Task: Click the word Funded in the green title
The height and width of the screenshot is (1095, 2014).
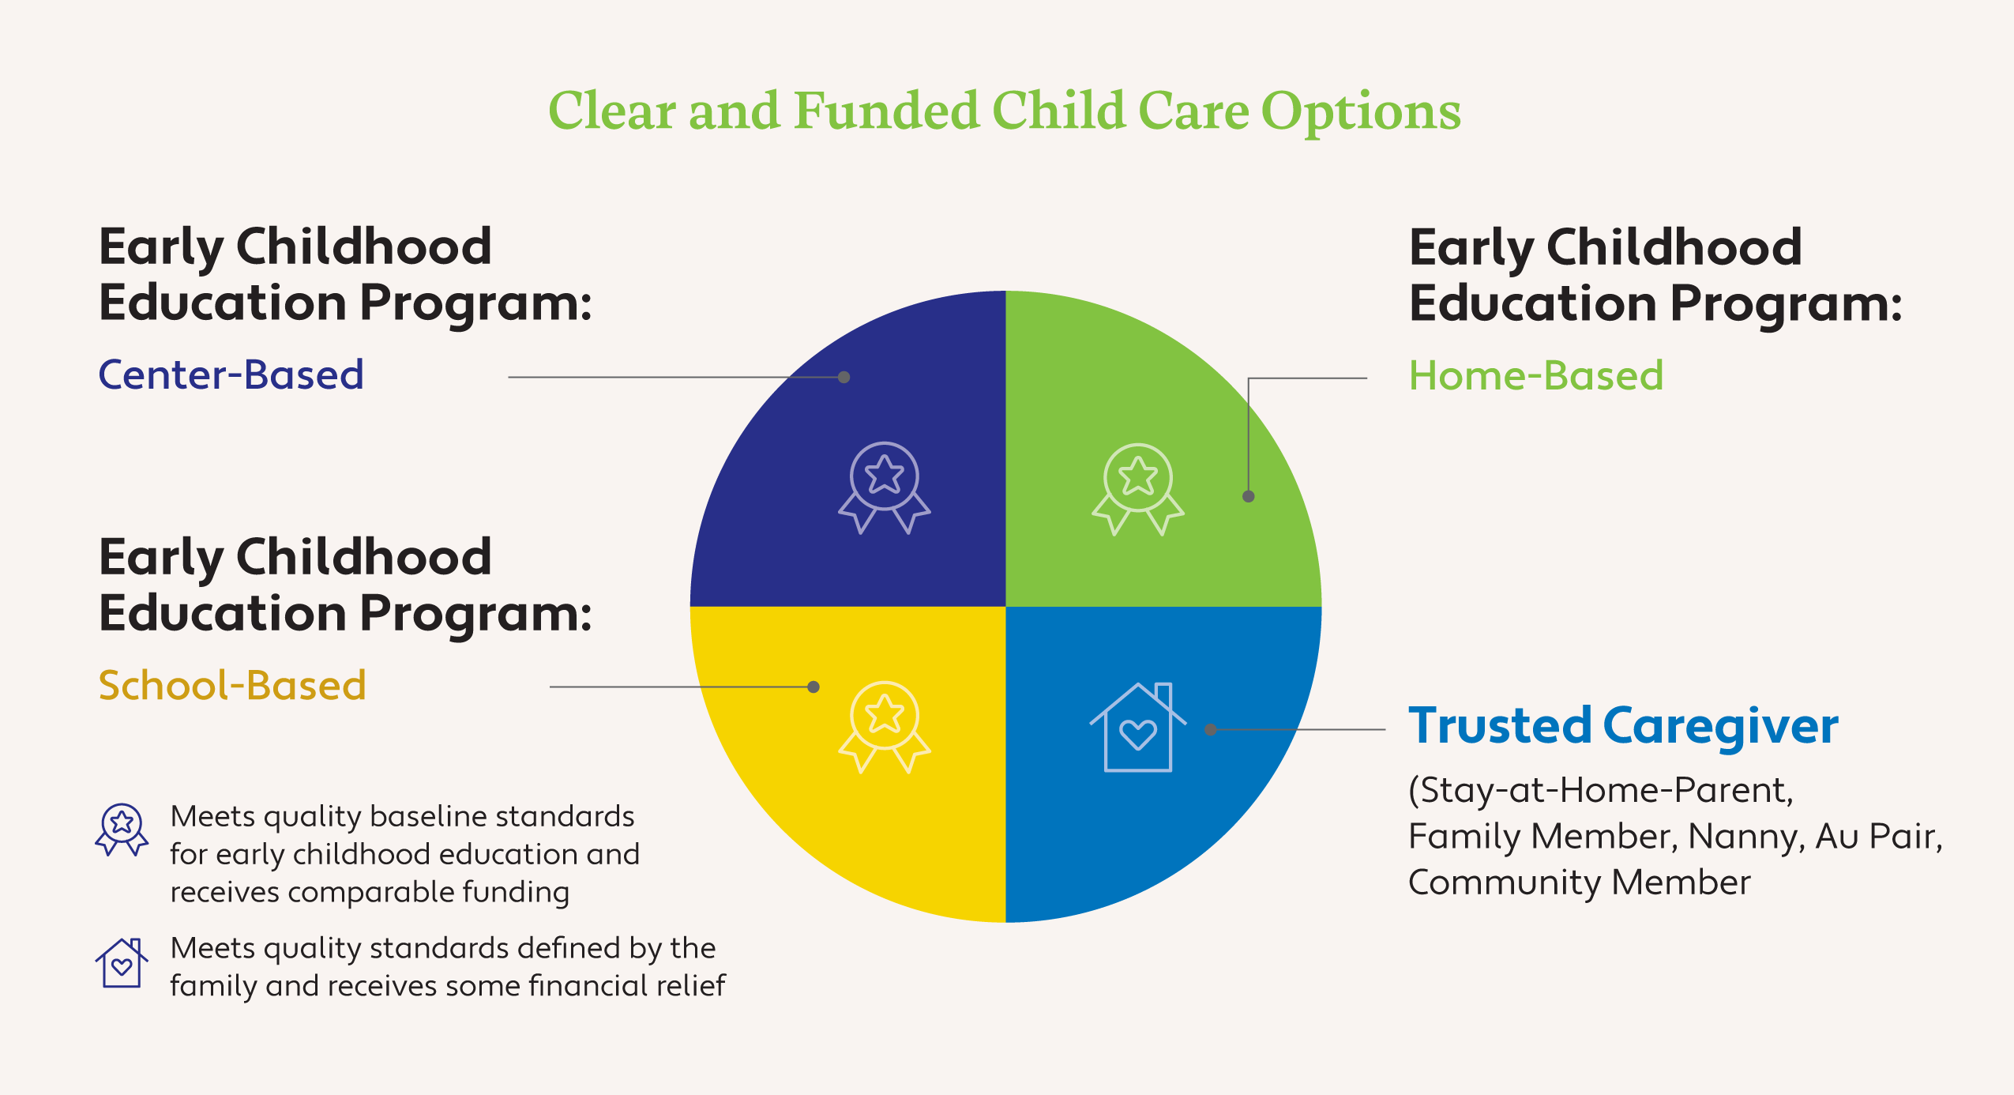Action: pos(886,111)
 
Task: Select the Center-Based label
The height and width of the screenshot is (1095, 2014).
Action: pos(231,374)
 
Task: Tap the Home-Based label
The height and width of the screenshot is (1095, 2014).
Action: pos(1536,375)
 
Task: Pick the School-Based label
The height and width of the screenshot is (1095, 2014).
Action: pos(232,685)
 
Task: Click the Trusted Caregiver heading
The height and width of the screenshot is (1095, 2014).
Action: pos(1624,726)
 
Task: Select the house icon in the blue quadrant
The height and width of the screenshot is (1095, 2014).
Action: pos(1138,727)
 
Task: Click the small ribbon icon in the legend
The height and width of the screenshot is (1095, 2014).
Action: pos(122,830)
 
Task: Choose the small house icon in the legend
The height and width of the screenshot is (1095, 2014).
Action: pos(122,962)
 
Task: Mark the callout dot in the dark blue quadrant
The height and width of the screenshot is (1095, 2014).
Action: pos(844,378)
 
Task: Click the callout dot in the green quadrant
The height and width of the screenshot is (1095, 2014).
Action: pos(1249,496)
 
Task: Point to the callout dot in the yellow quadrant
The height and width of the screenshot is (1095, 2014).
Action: pos(813,687)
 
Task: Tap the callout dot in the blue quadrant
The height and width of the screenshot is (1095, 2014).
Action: pos(1211,729)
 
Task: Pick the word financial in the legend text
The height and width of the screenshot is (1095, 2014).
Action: pos(581,985)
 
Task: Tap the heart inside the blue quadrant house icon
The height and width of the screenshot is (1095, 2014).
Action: pos(1138,734)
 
